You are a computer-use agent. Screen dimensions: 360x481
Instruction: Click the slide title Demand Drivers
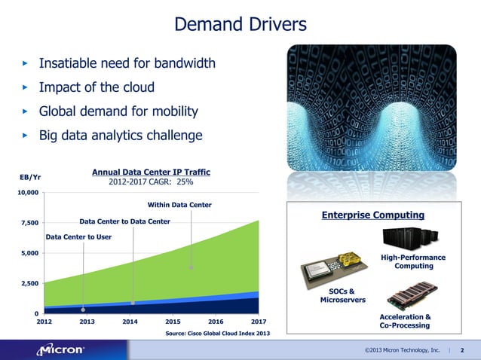[x=240, y=25]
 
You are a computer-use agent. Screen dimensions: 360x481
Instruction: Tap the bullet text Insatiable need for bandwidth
[x=127, y=63]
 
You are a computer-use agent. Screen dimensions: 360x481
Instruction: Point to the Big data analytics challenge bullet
[x=121, y=136]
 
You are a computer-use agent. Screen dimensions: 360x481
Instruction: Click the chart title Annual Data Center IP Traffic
[x=151, y=172]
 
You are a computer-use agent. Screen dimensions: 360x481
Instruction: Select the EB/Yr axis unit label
[x=29, y=177]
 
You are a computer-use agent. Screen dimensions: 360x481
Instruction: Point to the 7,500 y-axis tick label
[x=29, y=223]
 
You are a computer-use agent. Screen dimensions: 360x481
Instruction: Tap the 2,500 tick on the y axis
[x=29, y=283]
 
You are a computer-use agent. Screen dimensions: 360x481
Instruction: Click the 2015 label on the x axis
[x=173, y=321]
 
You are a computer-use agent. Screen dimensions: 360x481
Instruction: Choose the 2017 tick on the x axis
[x=259, y=321]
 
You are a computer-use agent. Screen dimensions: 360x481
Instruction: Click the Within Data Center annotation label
[x=179, y=204]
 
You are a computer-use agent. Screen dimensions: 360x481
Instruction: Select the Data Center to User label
[x=79, y=236]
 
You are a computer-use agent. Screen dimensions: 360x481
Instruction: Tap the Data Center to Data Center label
[x=124, y=221]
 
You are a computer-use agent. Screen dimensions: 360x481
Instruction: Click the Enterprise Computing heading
[x=373, y=215]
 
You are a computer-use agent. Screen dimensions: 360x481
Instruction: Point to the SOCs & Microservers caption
[x=343, y=295]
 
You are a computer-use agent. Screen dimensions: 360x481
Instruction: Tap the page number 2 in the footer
[x=462, y=350]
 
